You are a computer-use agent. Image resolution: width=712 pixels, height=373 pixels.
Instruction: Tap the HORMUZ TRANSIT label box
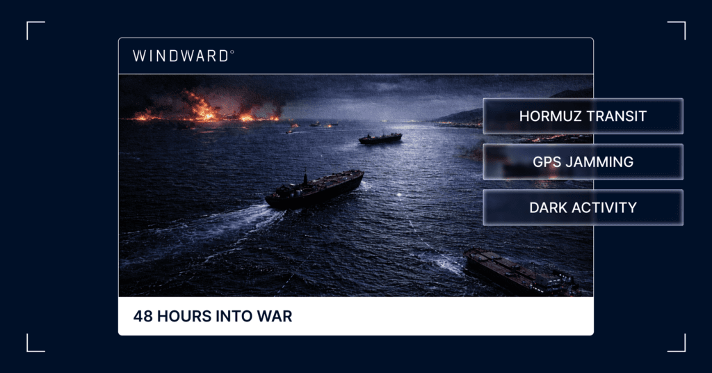click(x=583, y=116)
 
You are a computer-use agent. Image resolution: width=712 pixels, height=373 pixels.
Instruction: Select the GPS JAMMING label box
click(x=583, y=162)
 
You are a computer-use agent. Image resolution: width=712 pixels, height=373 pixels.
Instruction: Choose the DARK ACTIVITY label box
click(x=583, y=207)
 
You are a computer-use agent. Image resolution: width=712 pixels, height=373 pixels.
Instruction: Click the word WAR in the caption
click(x=277, y=317)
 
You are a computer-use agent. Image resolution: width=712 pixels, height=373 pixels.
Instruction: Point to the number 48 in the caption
click(x=143, y=317)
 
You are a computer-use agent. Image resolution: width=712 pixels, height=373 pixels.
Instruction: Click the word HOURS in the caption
click(x=179, y=317)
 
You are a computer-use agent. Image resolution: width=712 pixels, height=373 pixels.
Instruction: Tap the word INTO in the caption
click(x=233, y=317)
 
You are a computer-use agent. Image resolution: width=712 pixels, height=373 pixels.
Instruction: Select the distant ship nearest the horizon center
click(x=380, y=138)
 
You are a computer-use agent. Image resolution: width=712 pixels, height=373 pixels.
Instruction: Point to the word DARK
click(x=548, y=207)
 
